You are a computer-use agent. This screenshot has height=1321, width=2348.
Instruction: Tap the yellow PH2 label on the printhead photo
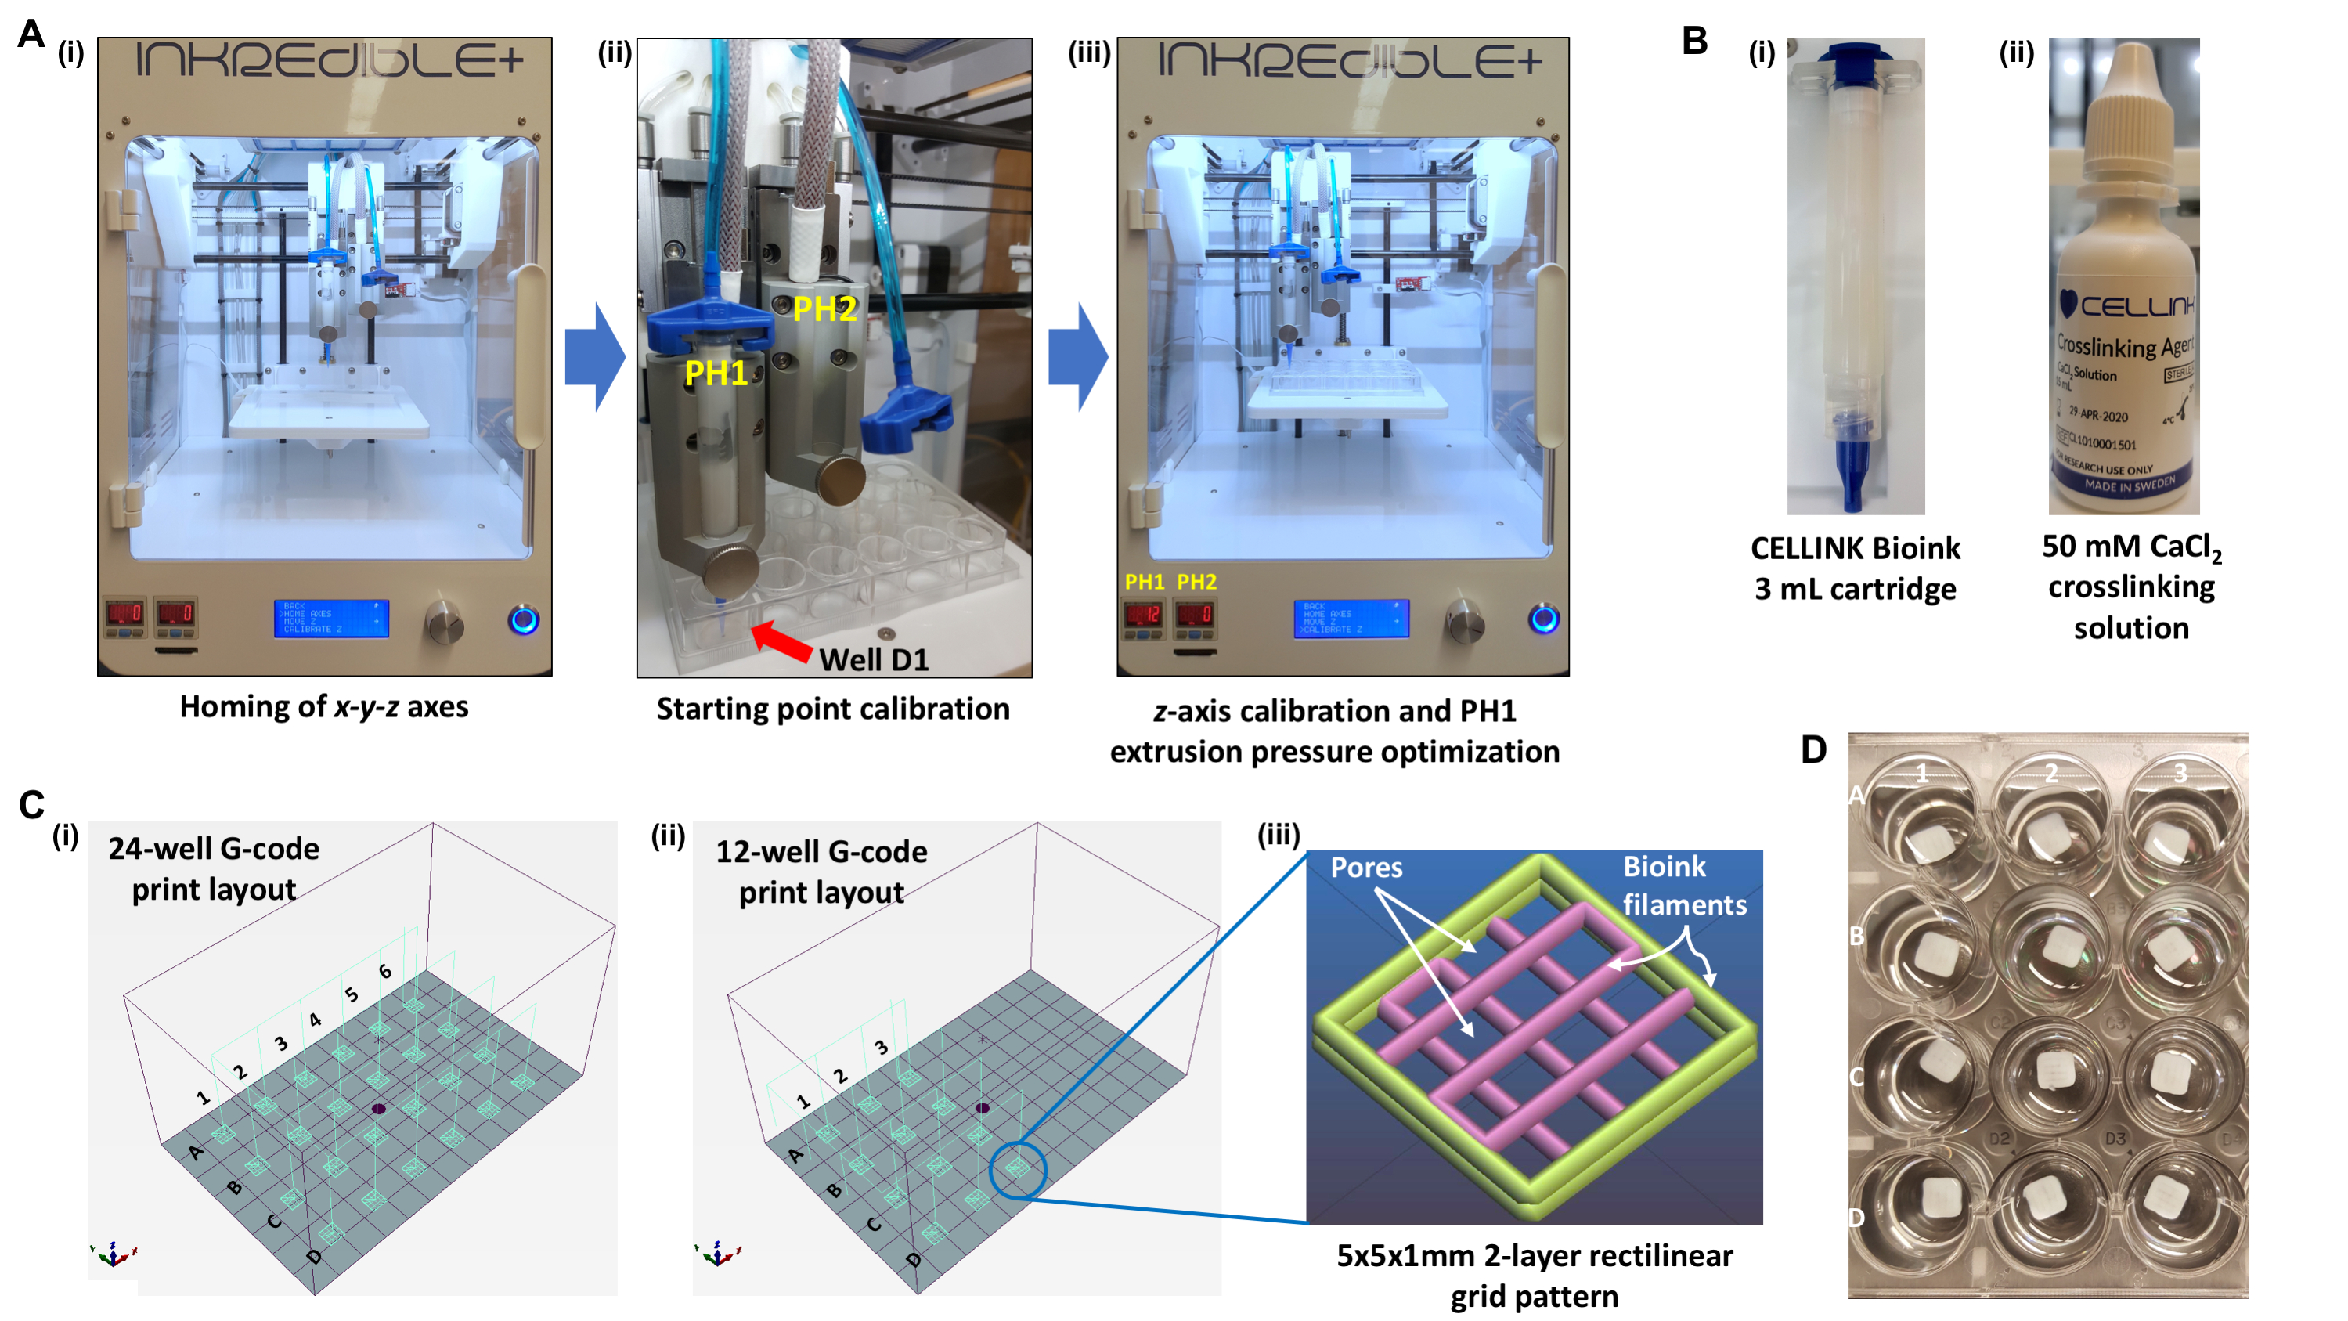(824, 310)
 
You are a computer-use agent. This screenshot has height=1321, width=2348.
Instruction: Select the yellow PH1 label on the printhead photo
(716, 374)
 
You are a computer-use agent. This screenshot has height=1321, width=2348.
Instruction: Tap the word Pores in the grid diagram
(1365, 867)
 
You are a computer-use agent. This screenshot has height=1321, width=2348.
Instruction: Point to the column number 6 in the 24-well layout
(385, 972)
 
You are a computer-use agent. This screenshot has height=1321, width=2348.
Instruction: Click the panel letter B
(1694, 40)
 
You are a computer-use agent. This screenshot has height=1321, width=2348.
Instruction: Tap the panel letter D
(1813, 750)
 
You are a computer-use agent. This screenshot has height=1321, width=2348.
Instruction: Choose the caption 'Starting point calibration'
(832, 709)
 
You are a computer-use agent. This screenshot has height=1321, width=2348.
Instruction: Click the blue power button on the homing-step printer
(523, 620)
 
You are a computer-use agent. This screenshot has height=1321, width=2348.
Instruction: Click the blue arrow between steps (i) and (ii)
(594, 357)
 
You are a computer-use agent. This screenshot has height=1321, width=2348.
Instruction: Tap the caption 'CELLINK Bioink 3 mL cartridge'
(1855, 568)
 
